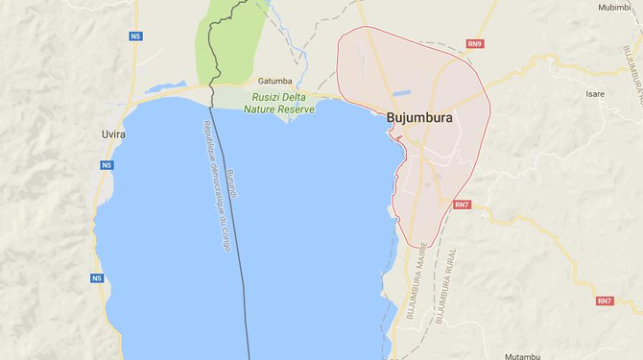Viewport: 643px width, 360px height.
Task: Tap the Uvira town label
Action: [x=113, y=134]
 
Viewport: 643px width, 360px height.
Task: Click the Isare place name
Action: [x=595, y=94]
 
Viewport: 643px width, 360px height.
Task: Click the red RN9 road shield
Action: [x=475, y=43]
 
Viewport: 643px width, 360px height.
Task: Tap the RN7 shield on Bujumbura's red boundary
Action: [x=462, y=204]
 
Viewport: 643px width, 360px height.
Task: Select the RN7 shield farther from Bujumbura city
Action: [x=604, y=301]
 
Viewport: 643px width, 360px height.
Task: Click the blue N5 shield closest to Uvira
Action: [x=107, y=165]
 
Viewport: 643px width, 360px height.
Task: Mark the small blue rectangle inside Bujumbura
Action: [x=401, y=93]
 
